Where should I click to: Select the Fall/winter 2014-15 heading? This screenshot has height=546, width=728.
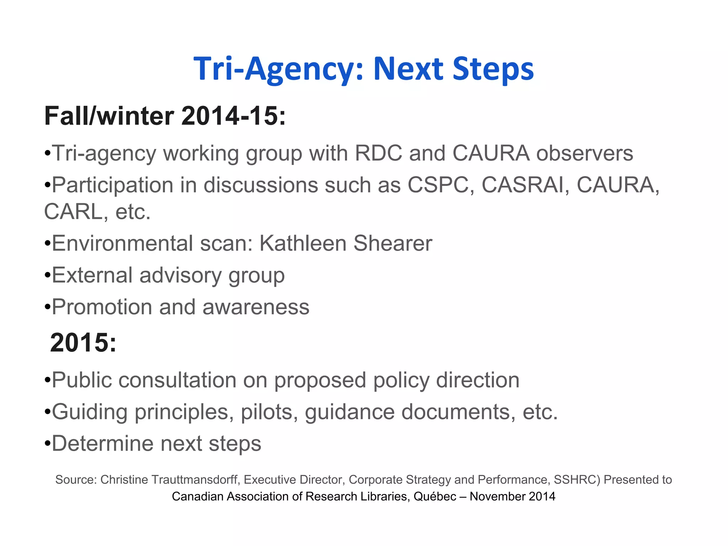tap(165, 116)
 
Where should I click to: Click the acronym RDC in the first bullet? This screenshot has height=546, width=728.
tap(379, 154)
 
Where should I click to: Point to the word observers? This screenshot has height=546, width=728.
tap(584, 154)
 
